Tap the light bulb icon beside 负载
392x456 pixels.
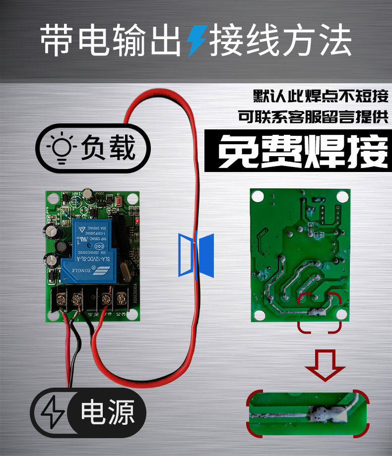point(62,147)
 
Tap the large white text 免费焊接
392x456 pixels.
point(303,150)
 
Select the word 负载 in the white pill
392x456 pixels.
point(108,147)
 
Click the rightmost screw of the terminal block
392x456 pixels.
point(121,299)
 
